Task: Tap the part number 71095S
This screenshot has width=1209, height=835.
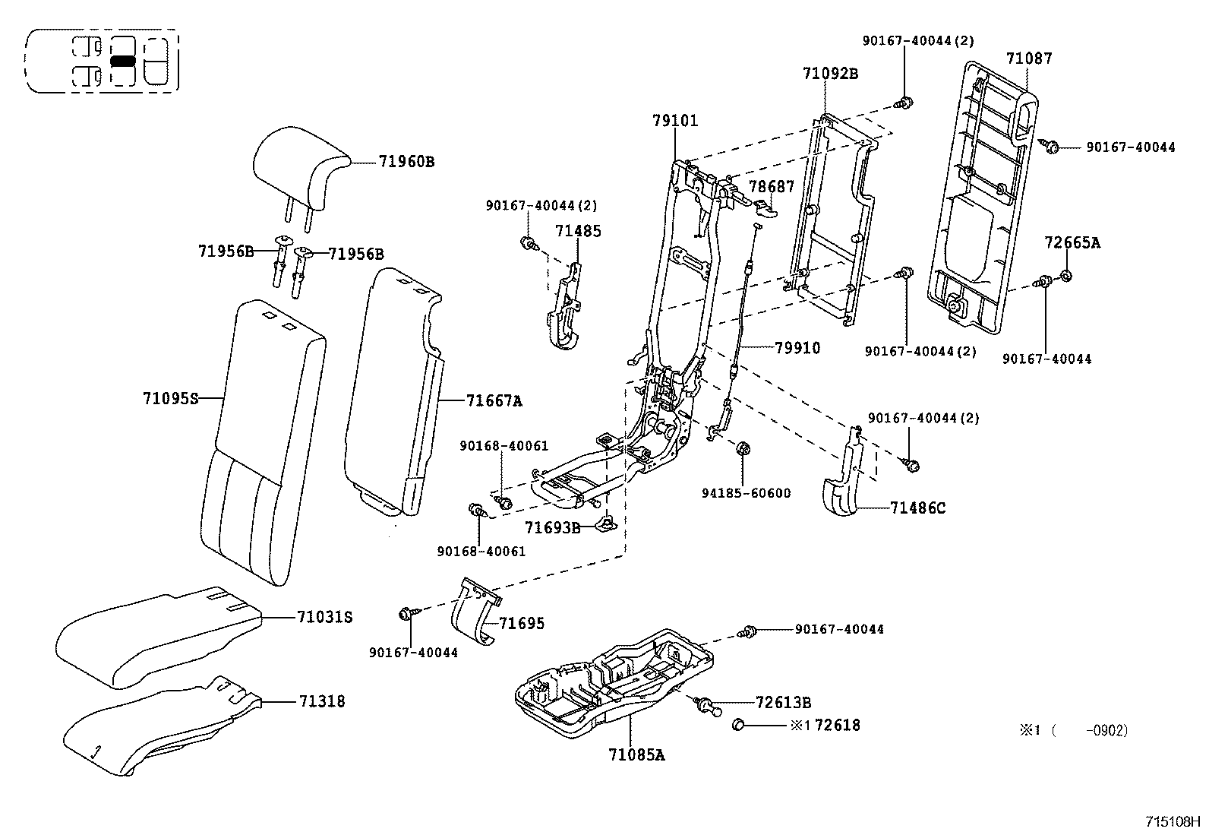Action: tap(170, 398)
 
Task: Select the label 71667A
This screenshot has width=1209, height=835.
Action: tap(494, 400)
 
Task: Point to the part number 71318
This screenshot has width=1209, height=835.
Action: tap(321, 701)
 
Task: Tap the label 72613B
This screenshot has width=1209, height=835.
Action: tap(783, 702)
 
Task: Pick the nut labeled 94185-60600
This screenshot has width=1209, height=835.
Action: tap(744, 449)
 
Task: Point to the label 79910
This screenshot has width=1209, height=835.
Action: tap(797, 348)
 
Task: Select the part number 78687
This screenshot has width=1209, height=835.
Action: tap(772, 186)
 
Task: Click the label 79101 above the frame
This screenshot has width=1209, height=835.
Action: tap(674, 120)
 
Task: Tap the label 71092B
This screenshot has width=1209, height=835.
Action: tap(830, 74)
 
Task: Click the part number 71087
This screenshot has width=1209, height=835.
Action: tap(1029, 59)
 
